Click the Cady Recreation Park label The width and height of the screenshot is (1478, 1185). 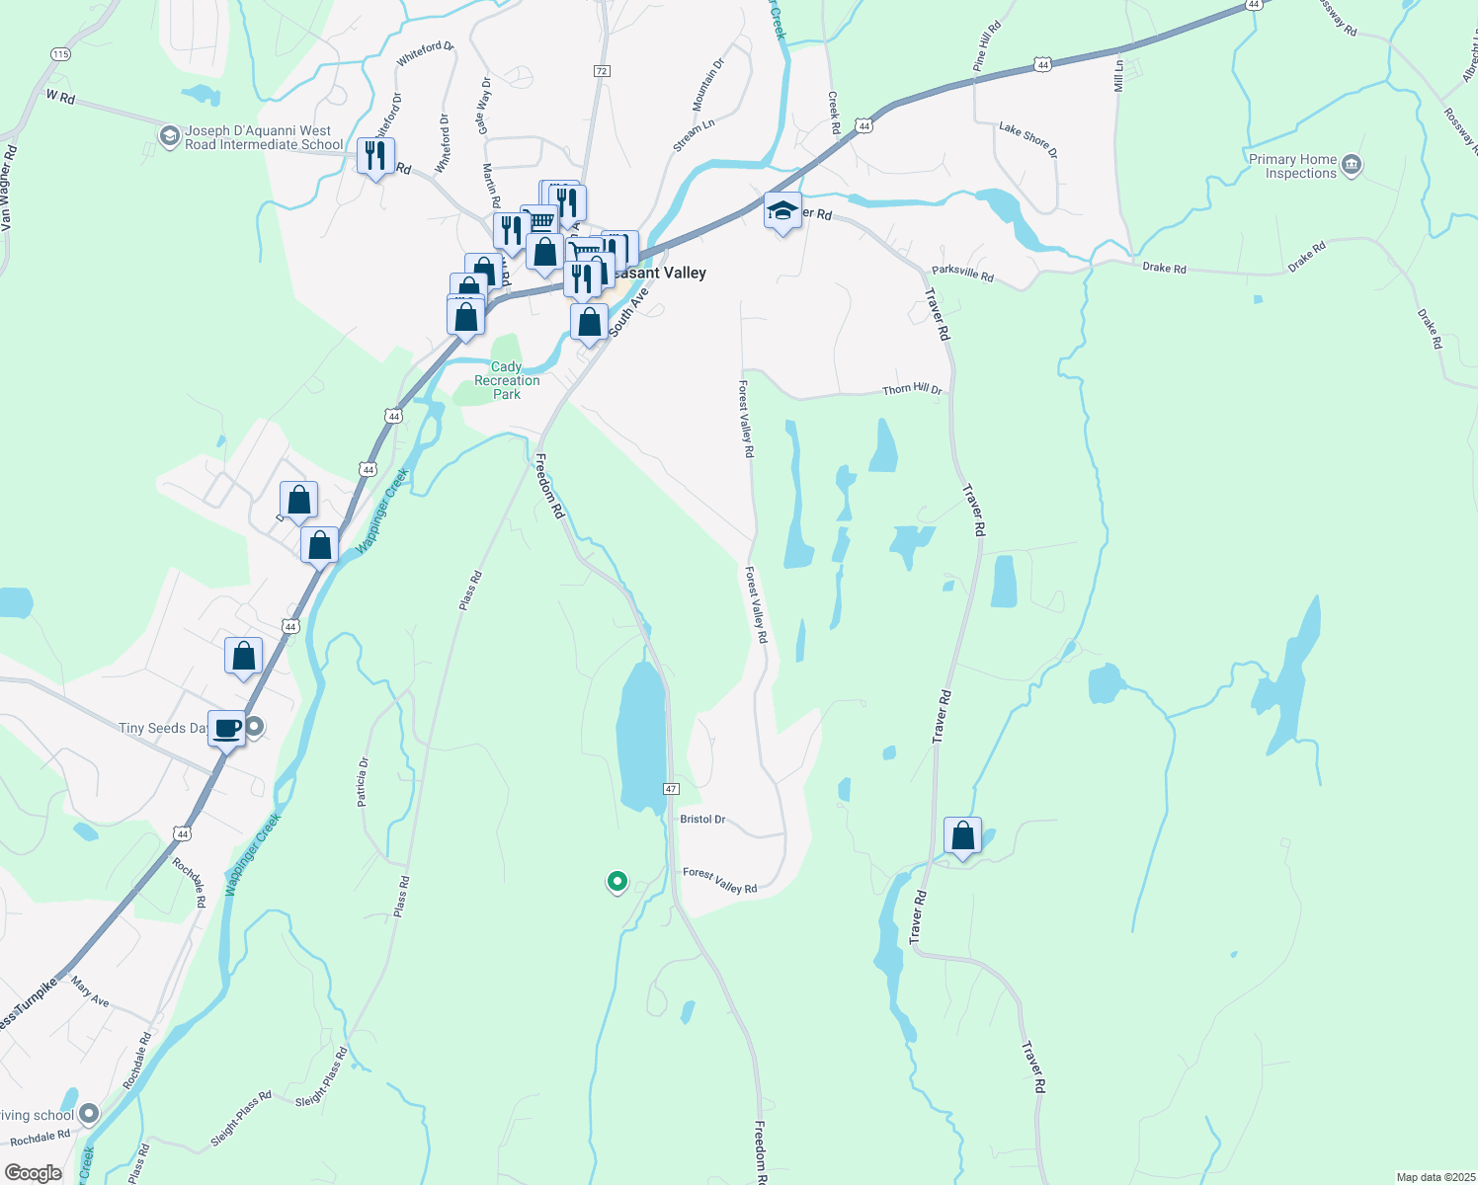pyautogui.click(x=507, y=380)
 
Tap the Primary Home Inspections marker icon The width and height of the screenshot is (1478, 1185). pyautogui.click(x=1353, y=165)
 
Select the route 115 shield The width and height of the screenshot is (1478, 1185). pyautogui.click(x=61, y=54)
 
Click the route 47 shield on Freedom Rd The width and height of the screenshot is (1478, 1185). pyautogui.click(x=671, y=789)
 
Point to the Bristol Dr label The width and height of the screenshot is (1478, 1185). pyautogui.click(x=702, y=820)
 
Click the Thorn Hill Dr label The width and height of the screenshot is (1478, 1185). pyautogui.click(x=912, y=390)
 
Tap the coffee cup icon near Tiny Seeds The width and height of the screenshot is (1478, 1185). pyautogui.click(x=226, y=729)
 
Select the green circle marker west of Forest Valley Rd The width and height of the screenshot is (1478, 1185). pyautogui.click(x=617, y=881)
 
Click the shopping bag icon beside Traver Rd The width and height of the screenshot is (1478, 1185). pyautogui.click(x=962, y=836)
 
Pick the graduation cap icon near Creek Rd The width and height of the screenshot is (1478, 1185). pyautogui.click(x=782, y=211)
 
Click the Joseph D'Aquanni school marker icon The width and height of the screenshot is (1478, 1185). pyautogui.click(x=169, y=135)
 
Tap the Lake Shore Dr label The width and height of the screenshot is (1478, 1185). pyautogui.click(x=1027, y=139)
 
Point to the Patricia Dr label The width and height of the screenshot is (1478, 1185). pyautogui.click(x=364, y=782)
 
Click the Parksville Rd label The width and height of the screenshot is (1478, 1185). pyautogui.click(x=962, y=273)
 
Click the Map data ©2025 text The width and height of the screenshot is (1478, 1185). pyautogui.click(x=1434, y=1177)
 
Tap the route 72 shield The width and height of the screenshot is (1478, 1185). pyautogui.click(x=602, y=71)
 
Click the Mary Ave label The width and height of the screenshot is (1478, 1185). pyautogui.click(x=90, y=992)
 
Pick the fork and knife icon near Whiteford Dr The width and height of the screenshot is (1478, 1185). pyautogui.click(x=375, y=156)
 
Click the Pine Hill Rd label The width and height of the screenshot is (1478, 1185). pyautogui.click(x=986, y=45)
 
